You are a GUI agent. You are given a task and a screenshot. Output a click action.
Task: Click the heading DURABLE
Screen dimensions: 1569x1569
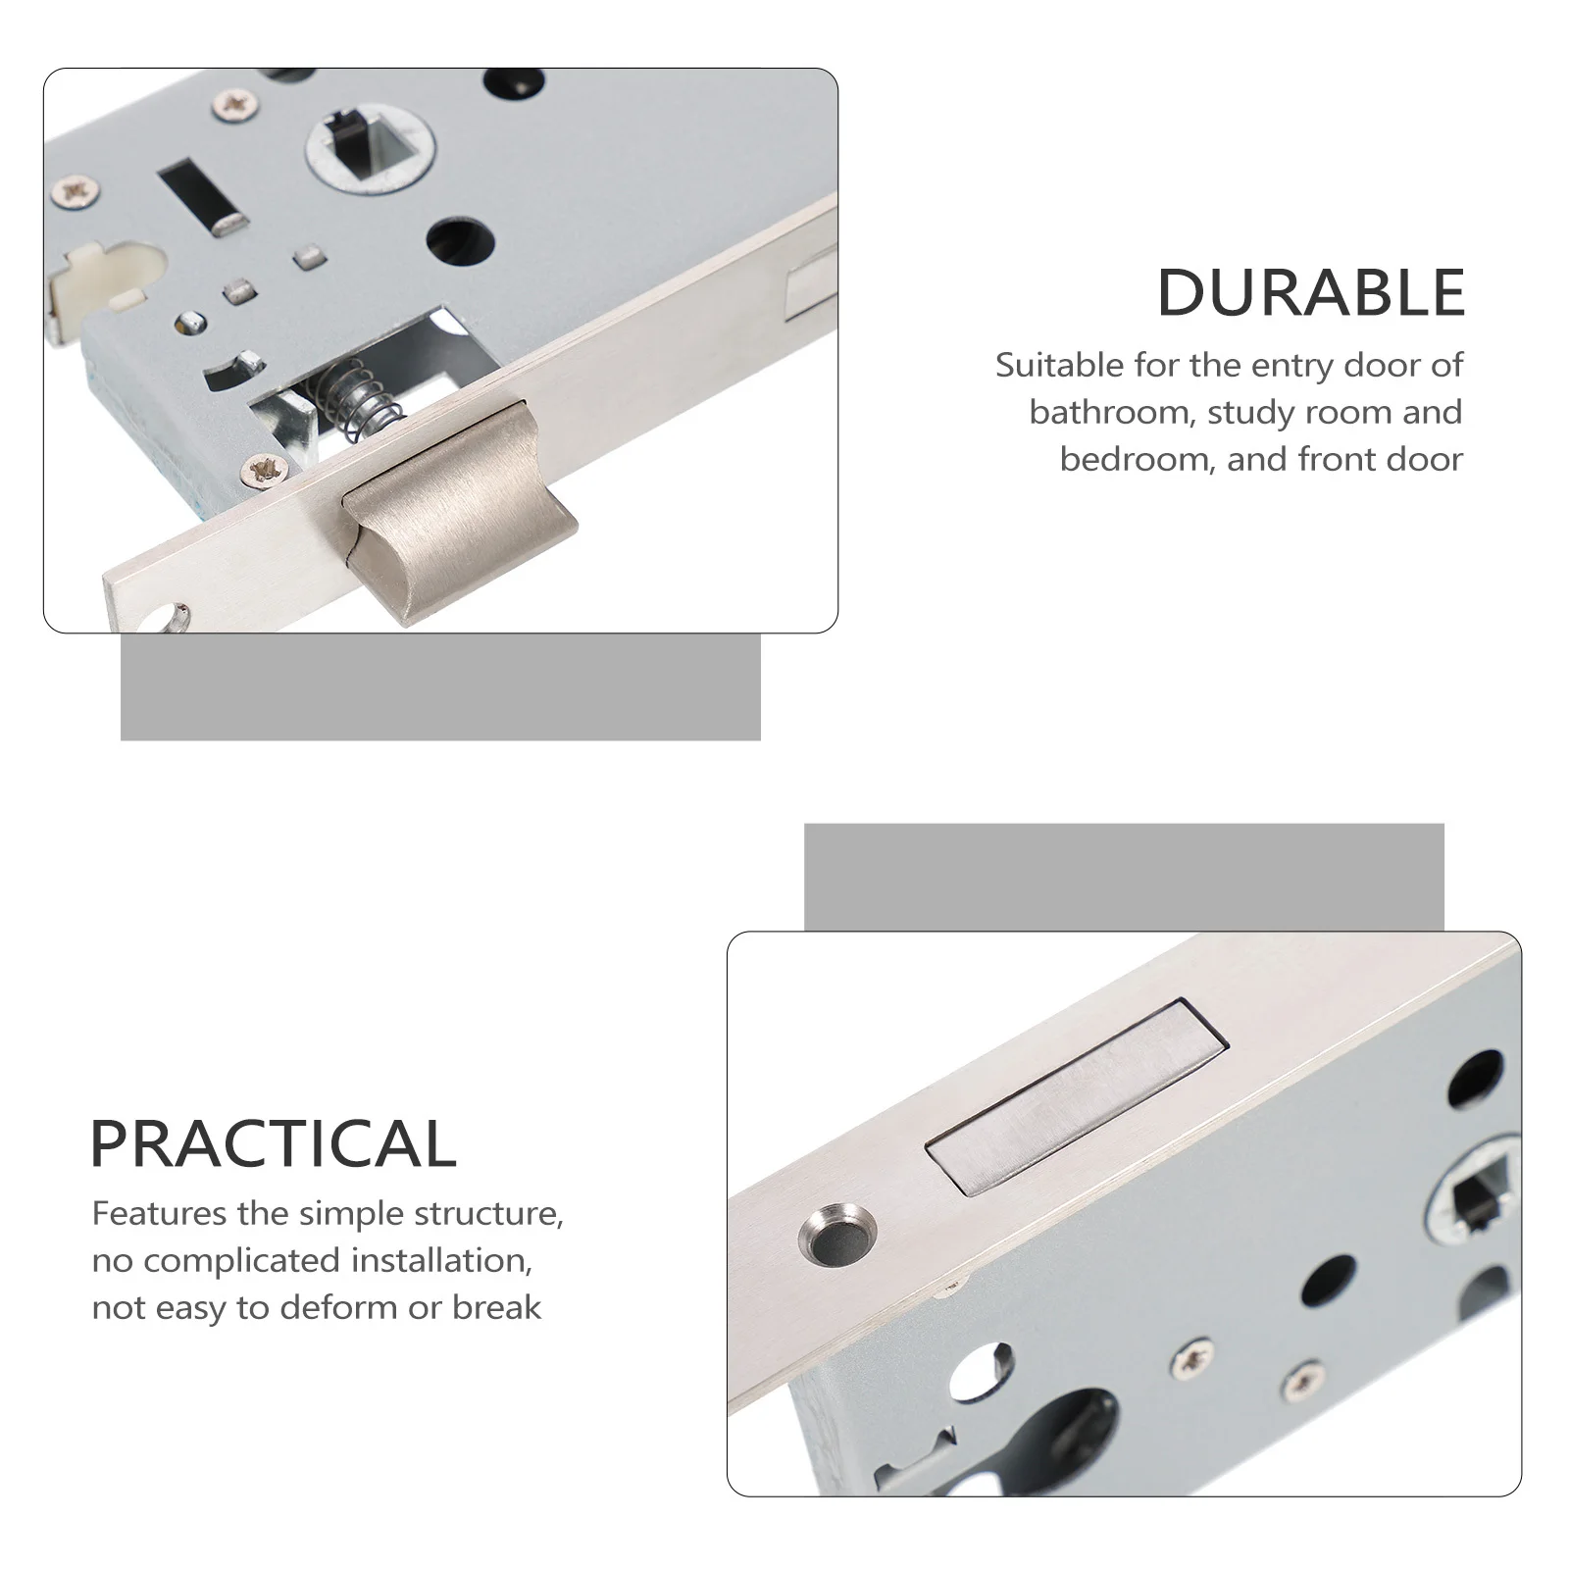(x=1311, y=292)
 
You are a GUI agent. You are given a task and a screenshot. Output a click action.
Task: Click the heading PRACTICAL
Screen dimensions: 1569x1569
(x=274, y=1143)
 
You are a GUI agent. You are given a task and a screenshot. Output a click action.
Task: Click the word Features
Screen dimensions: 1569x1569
(x=159, y=1213)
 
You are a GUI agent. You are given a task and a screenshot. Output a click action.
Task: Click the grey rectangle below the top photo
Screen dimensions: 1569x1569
(x=440, y=686)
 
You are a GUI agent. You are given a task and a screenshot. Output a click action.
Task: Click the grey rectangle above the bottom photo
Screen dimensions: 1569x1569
(x=1124, y=877)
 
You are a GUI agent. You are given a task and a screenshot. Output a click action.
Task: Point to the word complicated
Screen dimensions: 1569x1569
(x=249, y=1260)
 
